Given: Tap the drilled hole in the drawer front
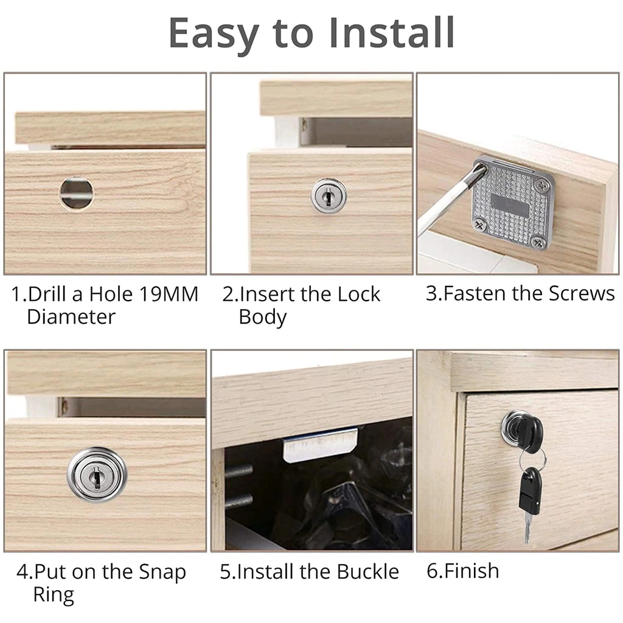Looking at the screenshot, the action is [77, 193].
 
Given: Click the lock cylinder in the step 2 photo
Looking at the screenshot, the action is [328, 195].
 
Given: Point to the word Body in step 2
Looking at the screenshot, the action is [263, 318].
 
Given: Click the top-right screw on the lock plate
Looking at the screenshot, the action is [541, 184].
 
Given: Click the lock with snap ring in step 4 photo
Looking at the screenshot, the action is [97, 475].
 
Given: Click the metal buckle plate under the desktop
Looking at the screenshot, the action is [320, 445].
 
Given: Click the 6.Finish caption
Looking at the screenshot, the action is [463, 571].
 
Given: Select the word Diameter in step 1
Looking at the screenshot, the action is [71, 317].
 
